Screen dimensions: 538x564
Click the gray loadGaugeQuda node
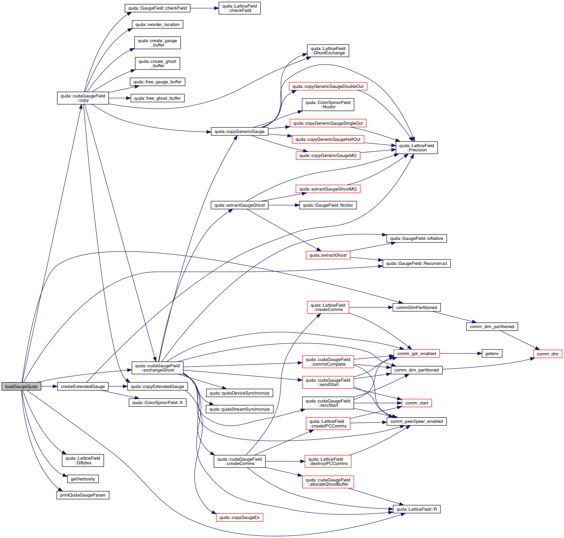(21, 386)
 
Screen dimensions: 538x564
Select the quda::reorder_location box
(157, 24)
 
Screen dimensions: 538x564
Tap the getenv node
(492, 353)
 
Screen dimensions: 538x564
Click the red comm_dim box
(548, 354)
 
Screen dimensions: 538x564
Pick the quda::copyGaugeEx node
(239, 517)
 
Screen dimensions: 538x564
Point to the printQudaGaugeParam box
(83, 495)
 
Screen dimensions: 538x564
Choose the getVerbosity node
(83, 479)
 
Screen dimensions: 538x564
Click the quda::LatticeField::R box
(416, 509)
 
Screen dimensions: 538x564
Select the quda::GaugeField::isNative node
(416, 238)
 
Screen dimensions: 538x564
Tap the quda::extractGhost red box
(328, 255)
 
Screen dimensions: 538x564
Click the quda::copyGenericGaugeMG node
(328, 155)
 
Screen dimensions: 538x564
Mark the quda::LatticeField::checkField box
(240, 8)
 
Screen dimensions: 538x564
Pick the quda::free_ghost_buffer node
(157, 98)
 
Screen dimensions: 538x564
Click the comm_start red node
(416, 403)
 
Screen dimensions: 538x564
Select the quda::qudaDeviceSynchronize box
(239, 393)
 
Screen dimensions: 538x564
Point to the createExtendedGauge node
(83, 386)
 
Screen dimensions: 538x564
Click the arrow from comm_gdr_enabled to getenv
(461, 353)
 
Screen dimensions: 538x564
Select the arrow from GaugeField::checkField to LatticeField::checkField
(204, 8)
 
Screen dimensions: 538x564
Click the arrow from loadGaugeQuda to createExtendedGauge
(49, 386)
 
